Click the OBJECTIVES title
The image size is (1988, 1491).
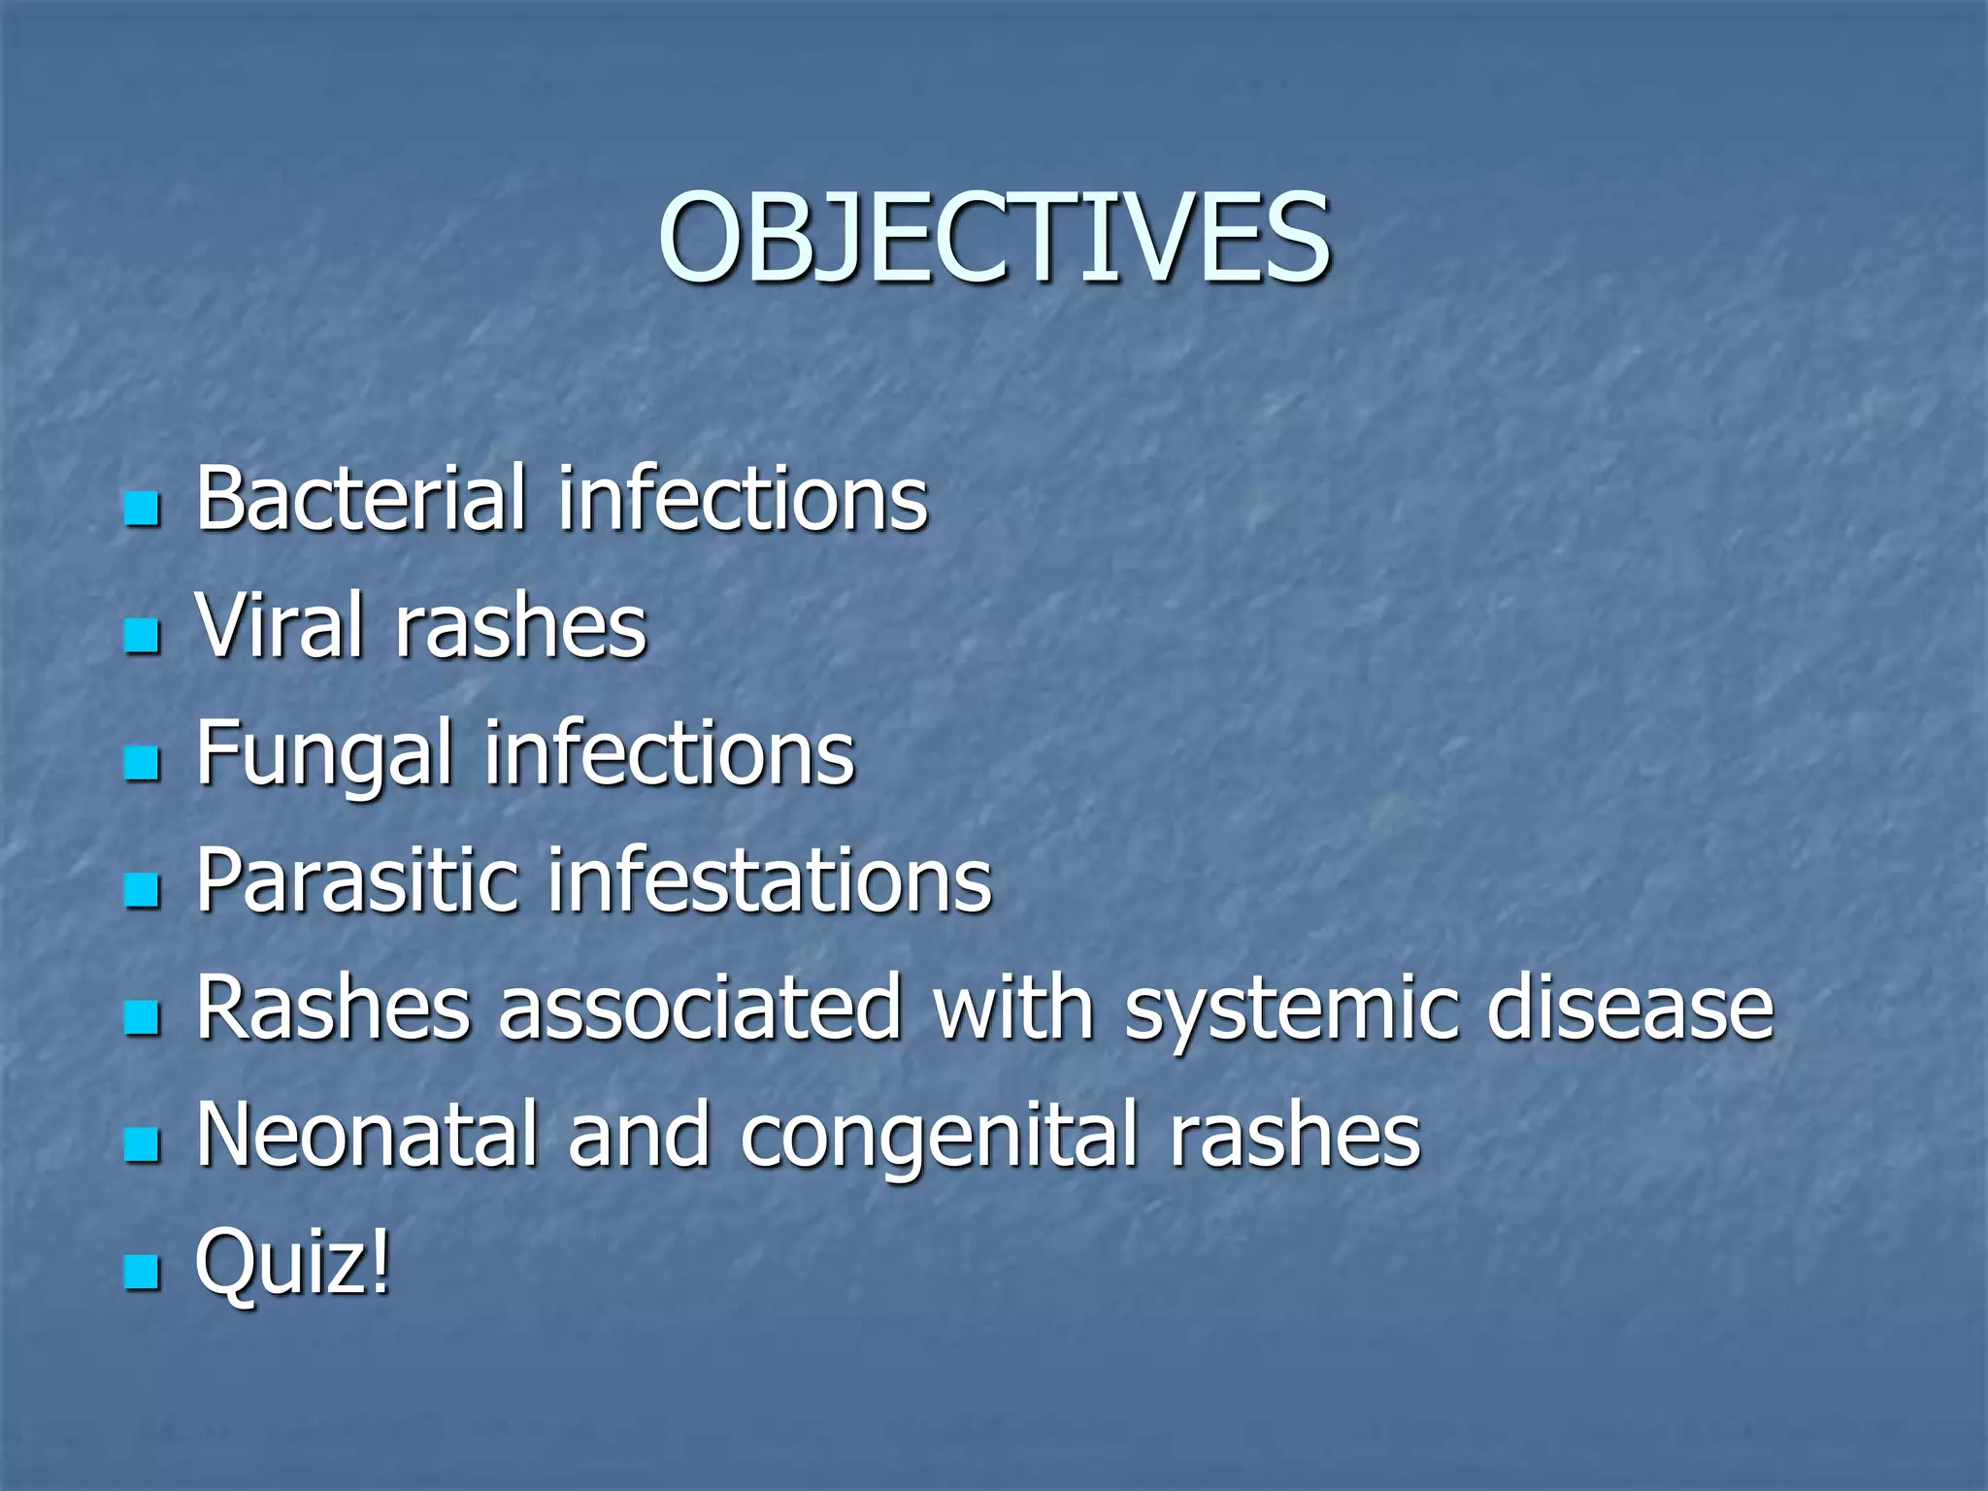click(x=994, y=238)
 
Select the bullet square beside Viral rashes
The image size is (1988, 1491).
click(x=142, y=638)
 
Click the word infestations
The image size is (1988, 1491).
click(x=770, y=881)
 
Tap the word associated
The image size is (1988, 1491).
click(x=700, y=1009)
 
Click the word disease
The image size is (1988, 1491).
click(x=1630, y=1009)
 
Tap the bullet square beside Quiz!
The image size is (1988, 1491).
click(x=142, y=1272)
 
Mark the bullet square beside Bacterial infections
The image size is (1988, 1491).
click(x=142, y=509)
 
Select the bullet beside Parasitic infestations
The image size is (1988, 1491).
click(x=142, y=891)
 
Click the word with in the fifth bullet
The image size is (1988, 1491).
click(x=1013, y=1009)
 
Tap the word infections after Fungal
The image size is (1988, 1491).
click(x=669, y=753)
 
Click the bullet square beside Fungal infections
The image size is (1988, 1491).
click(x=142, y=764)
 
